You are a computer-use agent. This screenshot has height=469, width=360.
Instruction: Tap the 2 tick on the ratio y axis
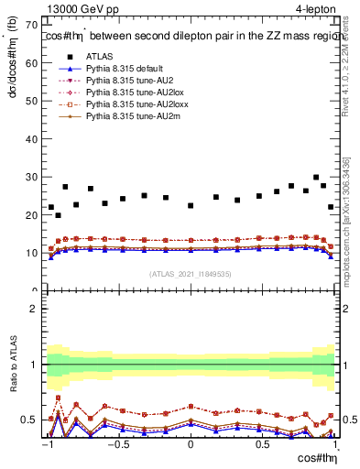click(x=35, y=309)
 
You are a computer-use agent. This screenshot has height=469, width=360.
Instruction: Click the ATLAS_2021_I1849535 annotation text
click(x=190, y=273)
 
